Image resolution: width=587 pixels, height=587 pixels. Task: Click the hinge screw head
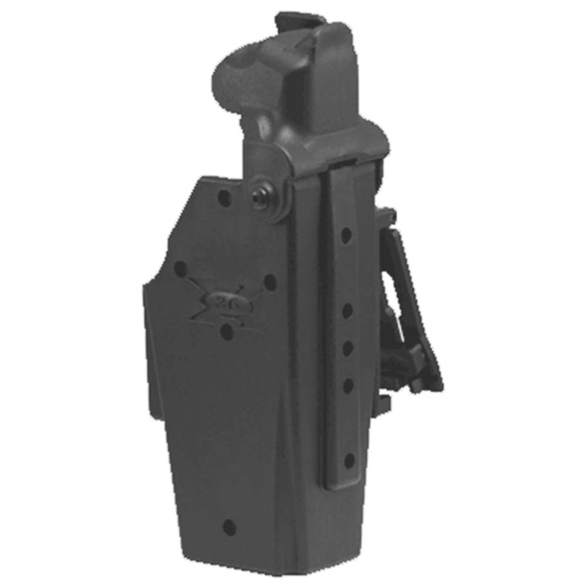pos(258,200)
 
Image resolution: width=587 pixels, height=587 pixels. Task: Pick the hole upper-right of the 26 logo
pos(270,282)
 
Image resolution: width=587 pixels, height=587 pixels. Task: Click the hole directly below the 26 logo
pos(227,332)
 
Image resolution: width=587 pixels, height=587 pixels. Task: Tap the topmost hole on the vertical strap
pos(346,235)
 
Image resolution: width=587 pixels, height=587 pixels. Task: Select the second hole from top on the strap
pos(347,311)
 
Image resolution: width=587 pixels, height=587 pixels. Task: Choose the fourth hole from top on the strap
pos(348,385)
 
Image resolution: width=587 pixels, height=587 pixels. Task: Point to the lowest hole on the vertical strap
pos(349,460)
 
